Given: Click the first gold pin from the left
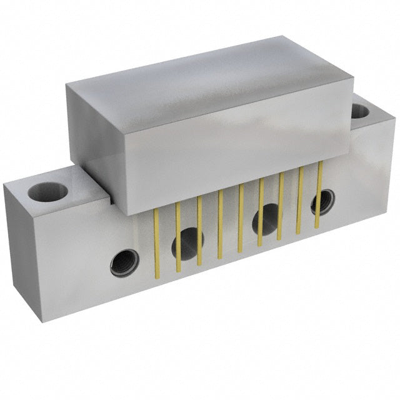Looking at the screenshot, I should (x=156, y=244).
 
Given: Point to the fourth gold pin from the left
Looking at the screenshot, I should (x=219, y=225).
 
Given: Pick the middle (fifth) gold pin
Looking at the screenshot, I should (x=240, y=219).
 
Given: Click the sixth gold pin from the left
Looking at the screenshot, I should (x=260, y=212).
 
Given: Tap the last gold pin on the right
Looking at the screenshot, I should (x=319, y=194).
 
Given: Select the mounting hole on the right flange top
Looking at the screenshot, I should (x=360, y=111).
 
